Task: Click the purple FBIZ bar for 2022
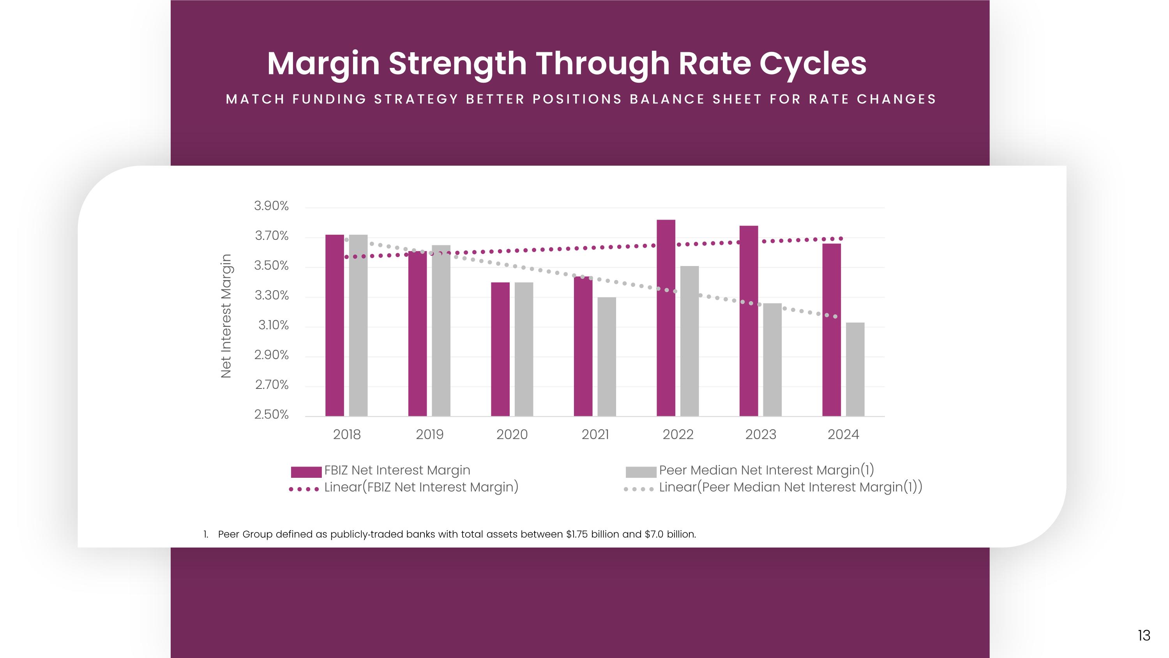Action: [666, 318]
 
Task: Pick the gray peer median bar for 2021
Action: [607, 356]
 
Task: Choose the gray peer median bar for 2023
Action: [772, 359]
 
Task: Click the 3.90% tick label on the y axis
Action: [271, 206]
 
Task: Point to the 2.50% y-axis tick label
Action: [271, 415]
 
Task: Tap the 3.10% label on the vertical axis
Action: [273, 325]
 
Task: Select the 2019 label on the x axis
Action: [430, 435]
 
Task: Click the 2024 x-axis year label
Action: [843, 435]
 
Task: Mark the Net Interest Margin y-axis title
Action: [226, 316]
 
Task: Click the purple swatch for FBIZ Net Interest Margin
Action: [306, 472]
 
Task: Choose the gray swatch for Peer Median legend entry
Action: [641, 472]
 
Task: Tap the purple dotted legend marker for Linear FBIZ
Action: [304, 489]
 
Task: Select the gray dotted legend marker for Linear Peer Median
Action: [639, 489]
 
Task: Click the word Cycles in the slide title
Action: [813, 64]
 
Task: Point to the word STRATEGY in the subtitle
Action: [416, 99]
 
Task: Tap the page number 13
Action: [1144, 635]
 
